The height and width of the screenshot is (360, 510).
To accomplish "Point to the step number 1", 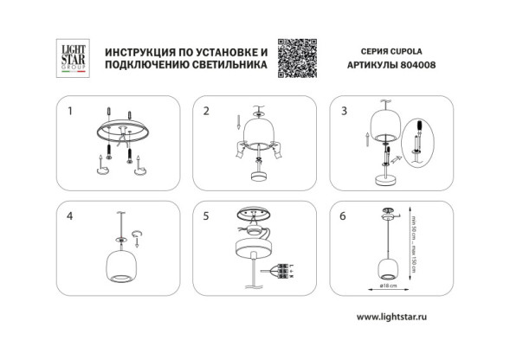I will pyautogui.click(x=71, y=111).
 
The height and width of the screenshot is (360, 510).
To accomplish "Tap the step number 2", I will pyautogui.click(x=206, y=111).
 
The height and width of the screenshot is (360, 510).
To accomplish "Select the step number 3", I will pyautogui.click(x=344, y=111).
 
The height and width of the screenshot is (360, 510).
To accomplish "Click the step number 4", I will pyautogui.click(x=71, y=216).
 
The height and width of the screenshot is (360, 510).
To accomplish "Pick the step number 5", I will pyautogui.click(x=206, y=216).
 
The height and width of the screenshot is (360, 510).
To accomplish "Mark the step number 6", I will pyautogui.click(x=344, y=216).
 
